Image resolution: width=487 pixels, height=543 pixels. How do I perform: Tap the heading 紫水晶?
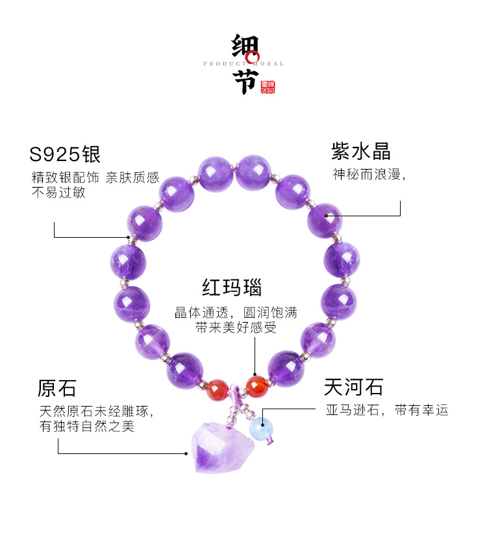click(361, 152)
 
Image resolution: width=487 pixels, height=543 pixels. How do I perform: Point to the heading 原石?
click(57, 388)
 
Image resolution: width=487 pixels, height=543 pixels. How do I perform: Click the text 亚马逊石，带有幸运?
click(388, 410)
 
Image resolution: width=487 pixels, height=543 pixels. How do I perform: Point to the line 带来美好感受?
click(236, 328)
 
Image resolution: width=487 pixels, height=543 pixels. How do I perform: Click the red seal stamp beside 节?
click(267, 88)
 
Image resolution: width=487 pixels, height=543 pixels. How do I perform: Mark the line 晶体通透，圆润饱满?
click(236, 312)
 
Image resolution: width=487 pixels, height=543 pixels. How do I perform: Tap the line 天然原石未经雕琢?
click(96, 411)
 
